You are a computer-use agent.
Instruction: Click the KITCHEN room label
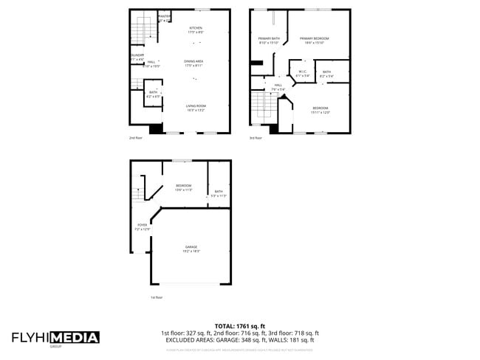click(195, 28)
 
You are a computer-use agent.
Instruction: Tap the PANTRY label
click(164, 15)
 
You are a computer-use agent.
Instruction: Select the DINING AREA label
click(194, 61)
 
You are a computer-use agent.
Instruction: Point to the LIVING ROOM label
click(196, 105)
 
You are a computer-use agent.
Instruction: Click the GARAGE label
click(191, 246)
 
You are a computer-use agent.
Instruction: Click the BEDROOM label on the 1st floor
click(183, 185)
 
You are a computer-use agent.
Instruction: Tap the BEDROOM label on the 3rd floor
click(320, 108)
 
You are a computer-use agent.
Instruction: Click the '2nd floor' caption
click(135, 137)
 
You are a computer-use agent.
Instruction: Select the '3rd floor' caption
click(256, 137)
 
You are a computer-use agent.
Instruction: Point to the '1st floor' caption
click(157, 297)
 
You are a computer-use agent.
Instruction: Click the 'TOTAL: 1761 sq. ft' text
click(240, 326)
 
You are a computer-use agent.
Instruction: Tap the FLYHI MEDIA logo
click(55, 338)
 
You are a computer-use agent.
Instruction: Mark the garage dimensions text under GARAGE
click(191, 252)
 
